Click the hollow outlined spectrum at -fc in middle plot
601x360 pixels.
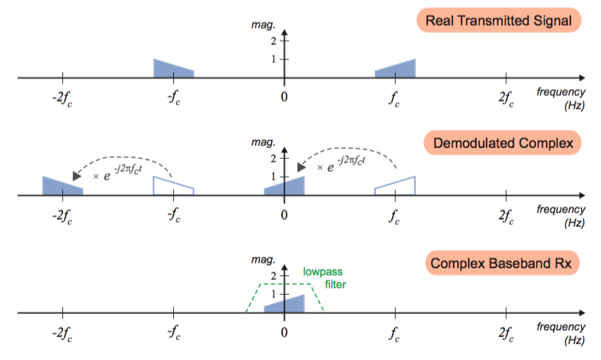click(173, 186)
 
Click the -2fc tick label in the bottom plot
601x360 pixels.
click(62, 334)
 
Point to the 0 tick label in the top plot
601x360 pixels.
click(285, 97)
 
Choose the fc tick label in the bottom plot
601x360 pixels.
click(395, 334)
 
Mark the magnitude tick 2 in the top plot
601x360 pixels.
click(273, 42)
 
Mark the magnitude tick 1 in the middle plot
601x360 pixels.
click(273, 176)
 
